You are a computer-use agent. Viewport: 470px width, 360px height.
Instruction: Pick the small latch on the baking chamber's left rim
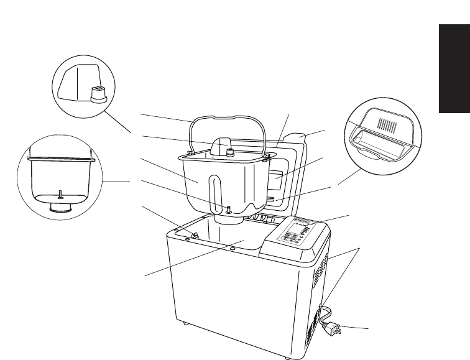(x=193, y=235)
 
